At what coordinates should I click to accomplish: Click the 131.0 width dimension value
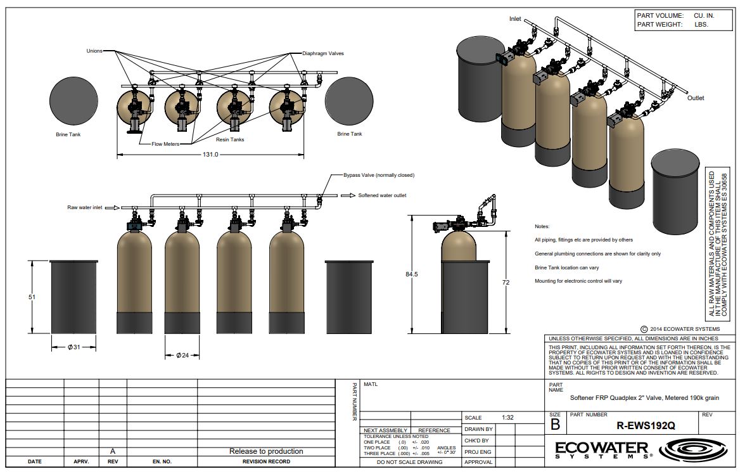pos(210,155)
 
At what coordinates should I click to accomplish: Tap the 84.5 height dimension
pos(412,274)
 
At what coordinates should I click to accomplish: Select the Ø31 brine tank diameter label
pos(74,347)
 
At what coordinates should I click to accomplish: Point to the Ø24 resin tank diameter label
pos(182,356)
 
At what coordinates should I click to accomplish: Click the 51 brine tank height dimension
pos(32,297)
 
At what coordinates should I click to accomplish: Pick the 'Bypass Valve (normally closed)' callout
pos(379,175)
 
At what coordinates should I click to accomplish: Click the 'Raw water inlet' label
pos(85,207)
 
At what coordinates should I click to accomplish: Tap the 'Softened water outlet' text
pos(382,195)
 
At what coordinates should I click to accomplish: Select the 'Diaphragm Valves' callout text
pos(322,53)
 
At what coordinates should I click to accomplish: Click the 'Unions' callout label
pos(94,51)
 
